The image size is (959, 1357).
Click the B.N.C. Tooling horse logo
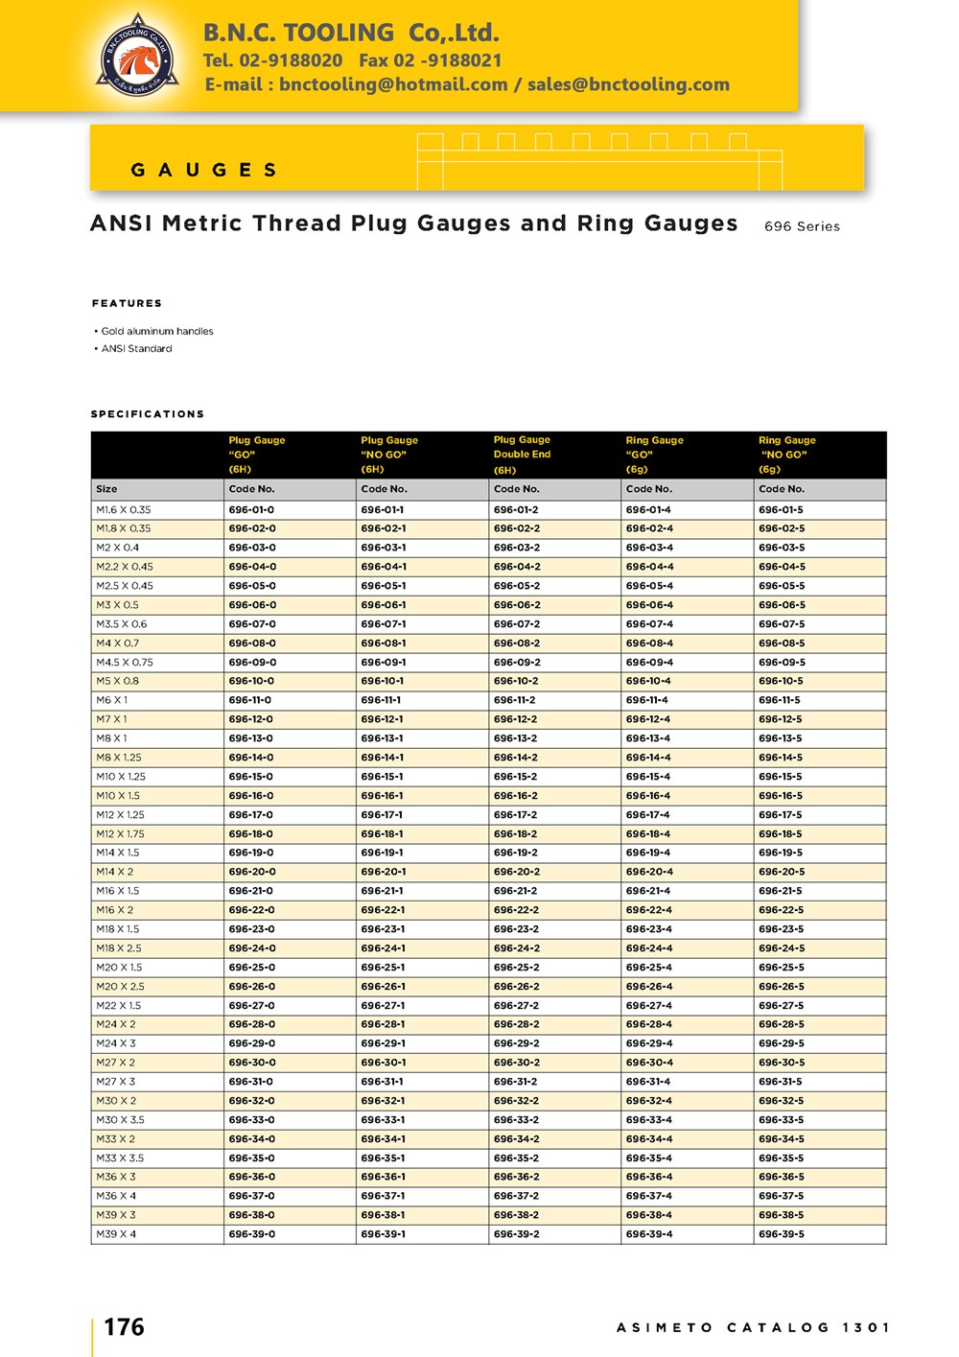click(138, 57)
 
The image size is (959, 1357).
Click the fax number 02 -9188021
click(431, 60)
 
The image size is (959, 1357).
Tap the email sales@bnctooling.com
click(628, 84)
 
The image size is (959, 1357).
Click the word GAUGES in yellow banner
click(204, 170)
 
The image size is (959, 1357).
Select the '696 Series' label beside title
click(802, 226)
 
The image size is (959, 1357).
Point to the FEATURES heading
click(127, 303)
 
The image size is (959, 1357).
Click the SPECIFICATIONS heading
click(148, 414)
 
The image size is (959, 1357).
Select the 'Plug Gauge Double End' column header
click(522, 455)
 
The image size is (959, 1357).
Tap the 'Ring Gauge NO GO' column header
click(786, 455)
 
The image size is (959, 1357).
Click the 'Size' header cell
click(106, 489)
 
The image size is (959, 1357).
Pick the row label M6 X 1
click(111, 700)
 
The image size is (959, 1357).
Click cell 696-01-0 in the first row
click(251, 510)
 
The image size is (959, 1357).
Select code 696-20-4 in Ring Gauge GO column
click(648, 872)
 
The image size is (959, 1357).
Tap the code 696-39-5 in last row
click(781, 1234)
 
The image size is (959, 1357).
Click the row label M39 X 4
click(116, 1234)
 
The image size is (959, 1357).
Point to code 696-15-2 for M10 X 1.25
click(516, 777)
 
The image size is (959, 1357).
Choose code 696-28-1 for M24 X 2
click(384, 1024)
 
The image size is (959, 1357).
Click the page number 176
click(124, 1327)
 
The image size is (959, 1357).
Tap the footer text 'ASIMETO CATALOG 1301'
click(753, 1327)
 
